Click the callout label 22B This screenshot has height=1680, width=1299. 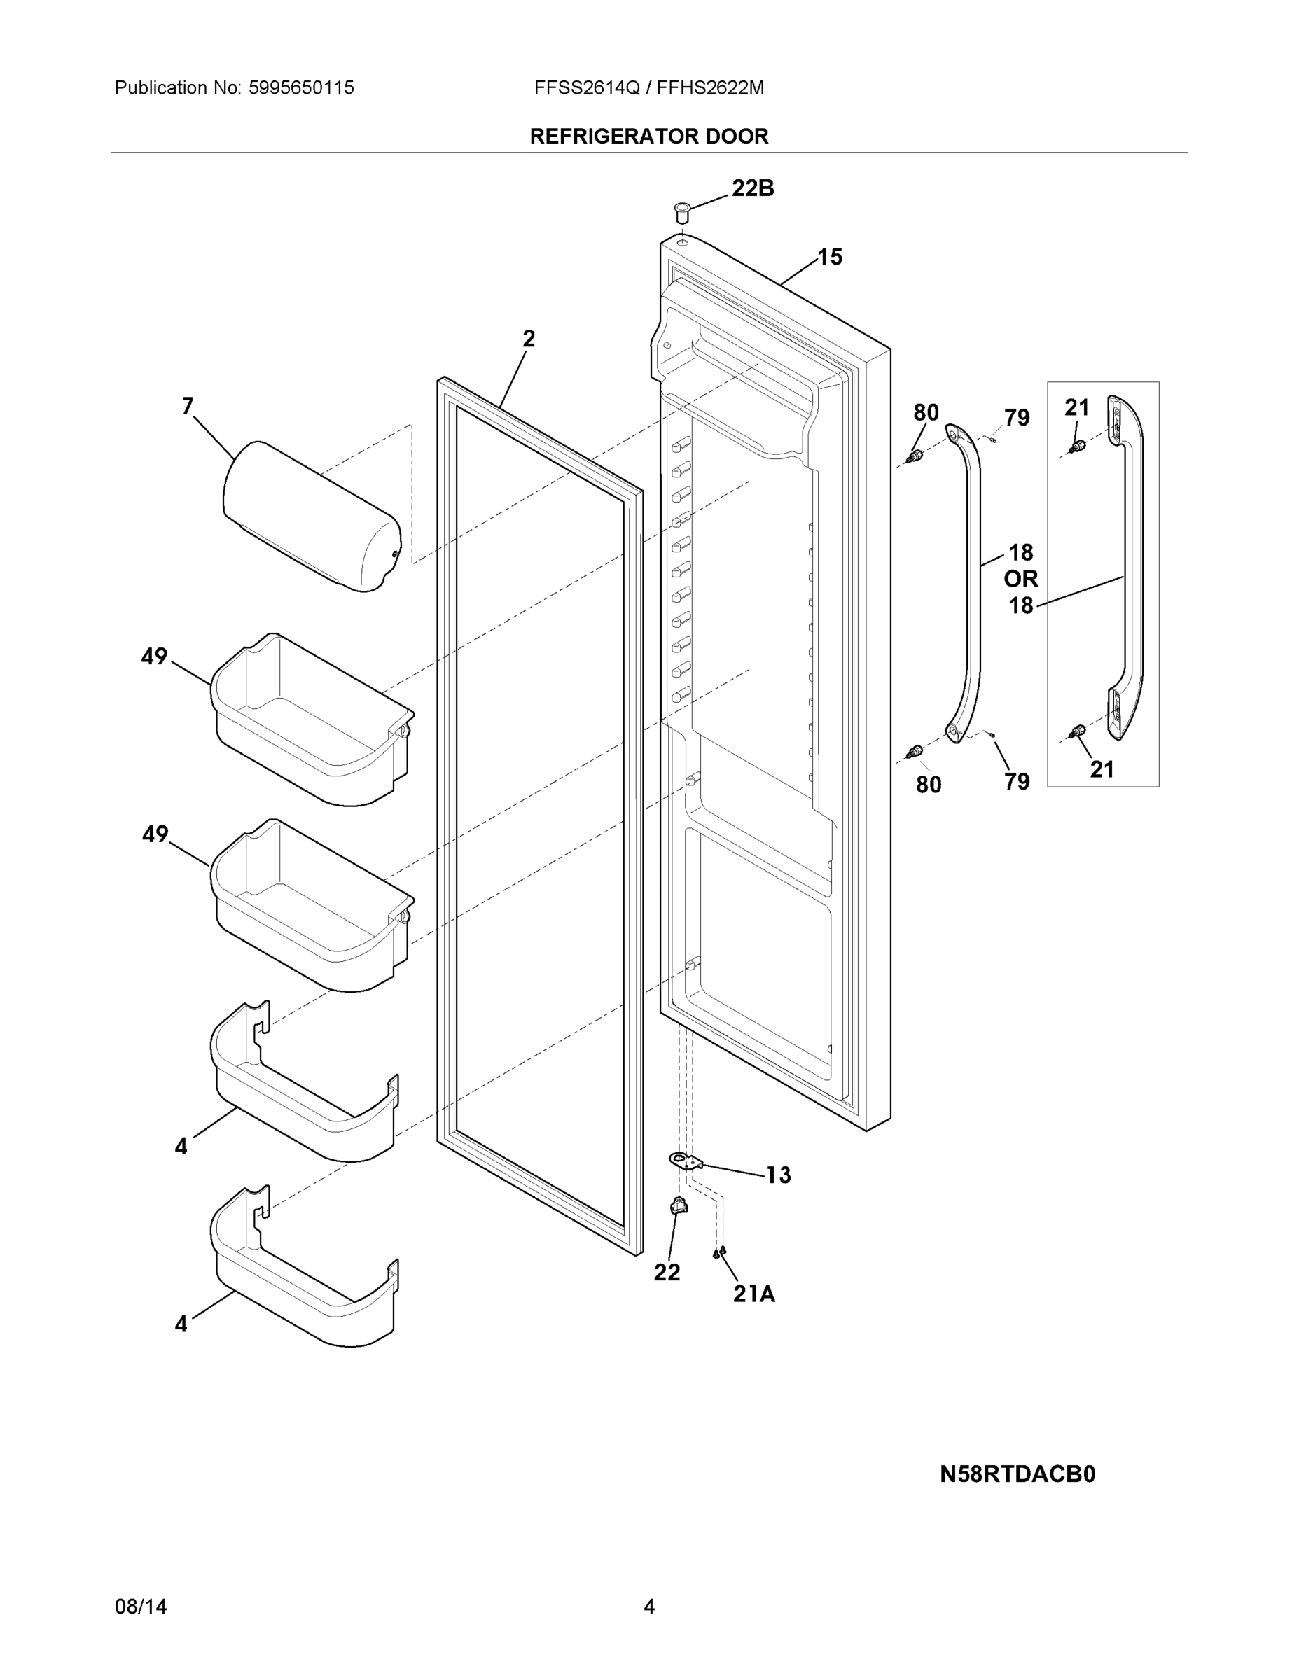[x=752, y=188]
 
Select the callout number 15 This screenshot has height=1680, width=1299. [x=830, y=257]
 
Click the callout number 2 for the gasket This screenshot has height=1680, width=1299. [x=528, y=339]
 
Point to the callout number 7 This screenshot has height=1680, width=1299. [x=187, y=406]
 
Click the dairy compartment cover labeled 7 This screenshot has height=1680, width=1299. [x=312, y=516]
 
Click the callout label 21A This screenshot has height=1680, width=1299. [x=753, y=1294]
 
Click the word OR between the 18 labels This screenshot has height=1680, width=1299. [x=1020, y=578]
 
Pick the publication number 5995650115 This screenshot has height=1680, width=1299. [x=301, y=88]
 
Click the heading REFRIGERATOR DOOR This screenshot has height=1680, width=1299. [x=648, y=136]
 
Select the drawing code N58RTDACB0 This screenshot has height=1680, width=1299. [x=1017, y=1473]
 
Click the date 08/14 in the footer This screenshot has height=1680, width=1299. [x=140, y=1606]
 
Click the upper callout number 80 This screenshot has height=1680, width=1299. [x=926, y=413]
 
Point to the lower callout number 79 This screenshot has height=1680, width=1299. [x=1017, y=781]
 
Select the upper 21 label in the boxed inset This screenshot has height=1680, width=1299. [x=1076, y=407]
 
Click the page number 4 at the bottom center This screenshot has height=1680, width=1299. [x=648, y=1606]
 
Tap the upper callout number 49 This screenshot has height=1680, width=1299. [x=154, y=656]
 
